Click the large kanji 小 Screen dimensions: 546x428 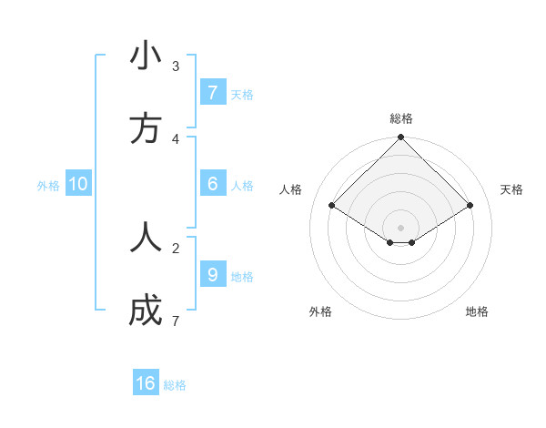(x=146, y=56)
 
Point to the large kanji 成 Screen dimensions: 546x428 (x=146, y=311)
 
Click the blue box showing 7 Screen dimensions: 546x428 (x=212, y=93)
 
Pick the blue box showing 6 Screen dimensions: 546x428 (x=212, y=184)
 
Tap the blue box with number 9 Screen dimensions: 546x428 (x=212, y=275)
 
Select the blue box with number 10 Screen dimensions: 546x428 (x=78, y=184)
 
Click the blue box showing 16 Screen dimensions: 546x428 (x=146, y=383)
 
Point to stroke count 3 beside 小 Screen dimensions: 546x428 (x=176, y=66)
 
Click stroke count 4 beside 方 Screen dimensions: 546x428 (x=176, y=138)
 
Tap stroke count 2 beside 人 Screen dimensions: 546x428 (x=176, y=247)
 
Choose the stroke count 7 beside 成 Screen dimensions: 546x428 (x=176, y=321)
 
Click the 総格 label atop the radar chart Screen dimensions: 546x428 (x=401, y=118)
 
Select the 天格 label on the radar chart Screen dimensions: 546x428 (x=511, y=189)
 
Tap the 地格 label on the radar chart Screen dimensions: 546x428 (x=477, y=311)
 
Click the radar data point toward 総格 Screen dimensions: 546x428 (x=401, y=138)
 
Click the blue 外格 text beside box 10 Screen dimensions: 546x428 (x=48, y=185)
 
